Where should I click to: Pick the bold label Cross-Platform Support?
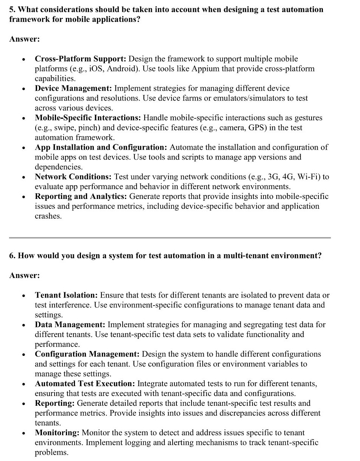pos(81,59)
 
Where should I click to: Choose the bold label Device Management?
pos(73,88)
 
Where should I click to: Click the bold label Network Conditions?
pos(73,177)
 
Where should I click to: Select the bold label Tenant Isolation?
pos(67,295)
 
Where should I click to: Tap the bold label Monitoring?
pos(57,433)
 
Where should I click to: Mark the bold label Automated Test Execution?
pos(85,383)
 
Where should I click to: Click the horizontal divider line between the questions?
pos(170,238)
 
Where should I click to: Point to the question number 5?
pos(12,9)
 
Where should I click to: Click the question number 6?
pos(12,256)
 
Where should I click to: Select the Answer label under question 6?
pos(24,275)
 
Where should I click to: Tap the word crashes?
pos(48,216)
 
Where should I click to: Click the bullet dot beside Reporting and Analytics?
pos(24,197)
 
